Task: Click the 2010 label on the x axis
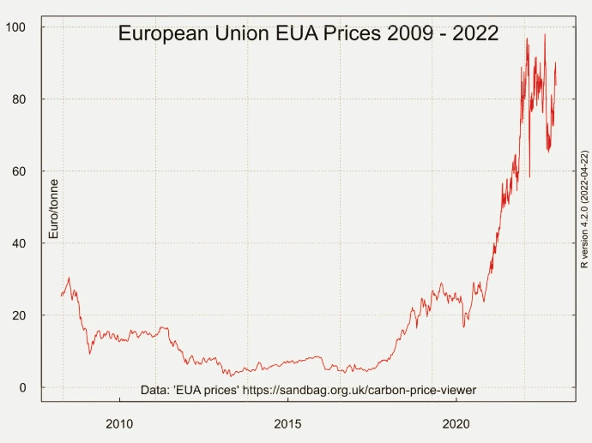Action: pos(119,423)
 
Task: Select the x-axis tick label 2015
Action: pos(287,423)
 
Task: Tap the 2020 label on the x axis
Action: pos(456,423)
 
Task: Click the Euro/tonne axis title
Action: pos(53,208)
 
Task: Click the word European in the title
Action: pos(163,34)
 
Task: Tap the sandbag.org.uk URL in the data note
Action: pos(359,390)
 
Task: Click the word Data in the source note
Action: pos(154,390)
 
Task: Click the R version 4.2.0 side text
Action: pos(583,209)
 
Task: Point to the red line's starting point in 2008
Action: pos(61,296)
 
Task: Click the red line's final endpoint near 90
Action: pos(556,84)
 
